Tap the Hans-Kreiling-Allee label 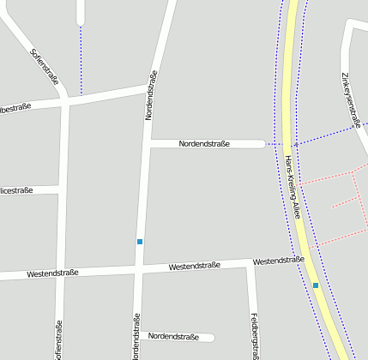coord(293,188)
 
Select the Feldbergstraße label coord(255,335)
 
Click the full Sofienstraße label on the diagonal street coord(45,68)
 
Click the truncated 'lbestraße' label coord(15,107)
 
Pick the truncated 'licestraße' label coord(16,189)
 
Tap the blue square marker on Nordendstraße coord(140,242)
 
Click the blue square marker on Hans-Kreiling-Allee coord(316,285)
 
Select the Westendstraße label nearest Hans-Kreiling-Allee coord(279,260)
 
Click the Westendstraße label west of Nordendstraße coord(52,273)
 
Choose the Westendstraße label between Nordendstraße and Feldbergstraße coord(195,267)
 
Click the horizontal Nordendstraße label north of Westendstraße coord(204,144)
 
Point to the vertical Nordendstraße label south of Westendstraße coord(136,336)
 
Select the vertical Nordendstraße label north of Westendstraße coord(151,94)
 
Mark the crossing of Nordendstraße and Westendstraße coord(138,270)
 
